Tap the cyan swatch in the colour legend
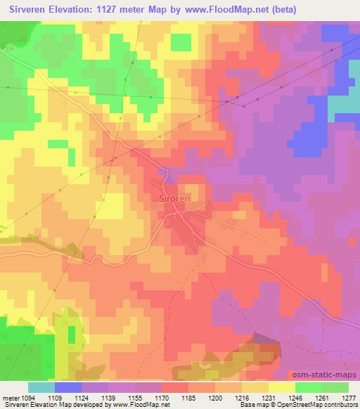41,387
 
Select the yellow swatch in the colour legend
282,387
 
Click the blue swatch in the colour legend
68,387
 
